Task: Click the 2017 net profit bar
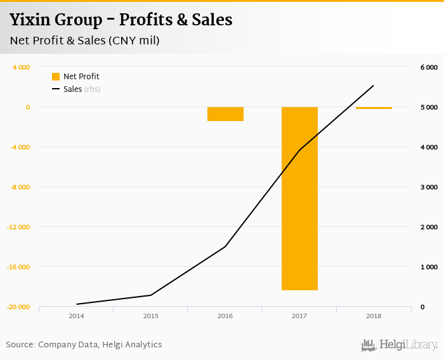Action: [299, 198]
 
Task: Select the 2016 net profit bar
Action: [225, 114]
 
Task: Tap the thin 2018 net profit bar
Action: [374, 108]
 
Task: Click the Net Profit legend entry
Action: [75, 77]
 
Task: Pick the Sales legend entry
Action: [75, 89]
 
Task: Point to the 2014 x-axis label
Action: [76, 316]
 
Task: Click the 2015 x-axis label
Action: [150, 316]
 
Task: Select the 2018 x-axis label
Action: [374, 316]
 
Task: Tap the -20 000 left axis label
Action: [19, 307]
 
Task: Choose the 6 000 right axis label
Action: [429, 67]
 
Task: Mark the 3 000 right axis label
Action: [429, 187]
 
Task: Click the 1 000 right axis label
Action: [429, 267]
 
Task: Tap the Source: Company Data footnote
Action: [84, 345]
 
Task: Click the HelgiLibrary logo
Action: [400, 345]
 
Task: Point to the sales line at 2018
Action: [374, 86]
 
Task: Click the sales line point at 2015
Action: [150, 295]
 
